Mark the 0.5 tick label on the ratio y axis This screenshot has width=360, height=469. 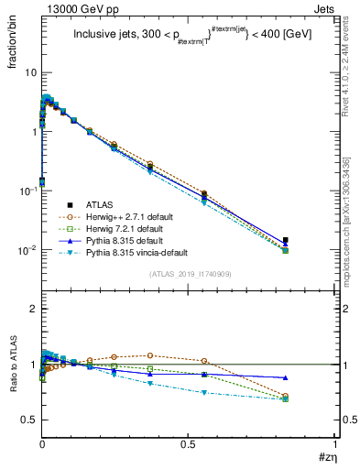(28, 420)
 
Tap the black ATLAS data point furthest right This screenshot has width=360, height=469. (286, 240)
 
